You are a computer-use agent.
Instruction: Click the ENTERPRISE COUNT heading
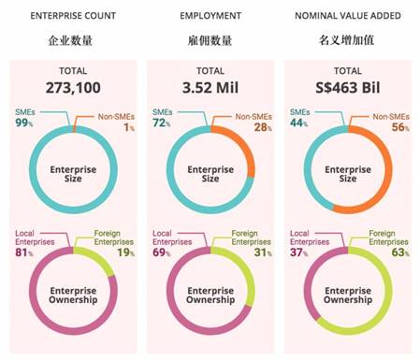click(x=72, y=17)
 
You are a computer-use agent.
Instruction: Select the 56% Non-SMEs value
click(x=398, y=126)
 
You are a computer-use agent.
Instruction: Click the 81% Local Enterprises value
click(x=23, y=251)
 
